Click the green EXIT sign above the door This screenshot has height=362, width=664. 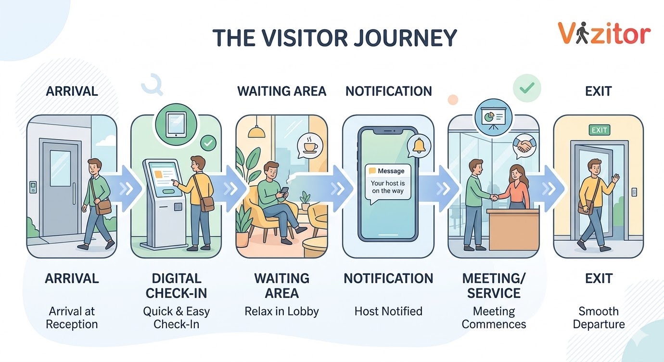[x=599, y=130]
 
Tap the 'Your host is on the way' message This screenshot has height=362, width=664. [x=388, y=187]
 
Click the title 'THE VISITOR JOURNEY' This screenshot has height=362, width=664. [x=334, y=38]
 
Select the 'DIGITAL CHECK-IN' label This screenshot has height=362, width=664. [x=176, y=285]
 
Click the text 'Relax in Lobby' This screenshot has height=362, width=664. [x=281, y=311]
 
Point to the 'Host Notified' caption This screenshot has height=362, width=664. [x=388, y=311]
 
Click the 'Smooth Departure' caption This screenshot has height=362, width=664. [x=599, y=318]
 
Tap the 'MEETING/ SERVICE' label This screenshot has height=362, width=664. [x=494, y=285]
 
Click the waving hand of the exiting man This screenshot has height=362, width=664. [x=615, y=180]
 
